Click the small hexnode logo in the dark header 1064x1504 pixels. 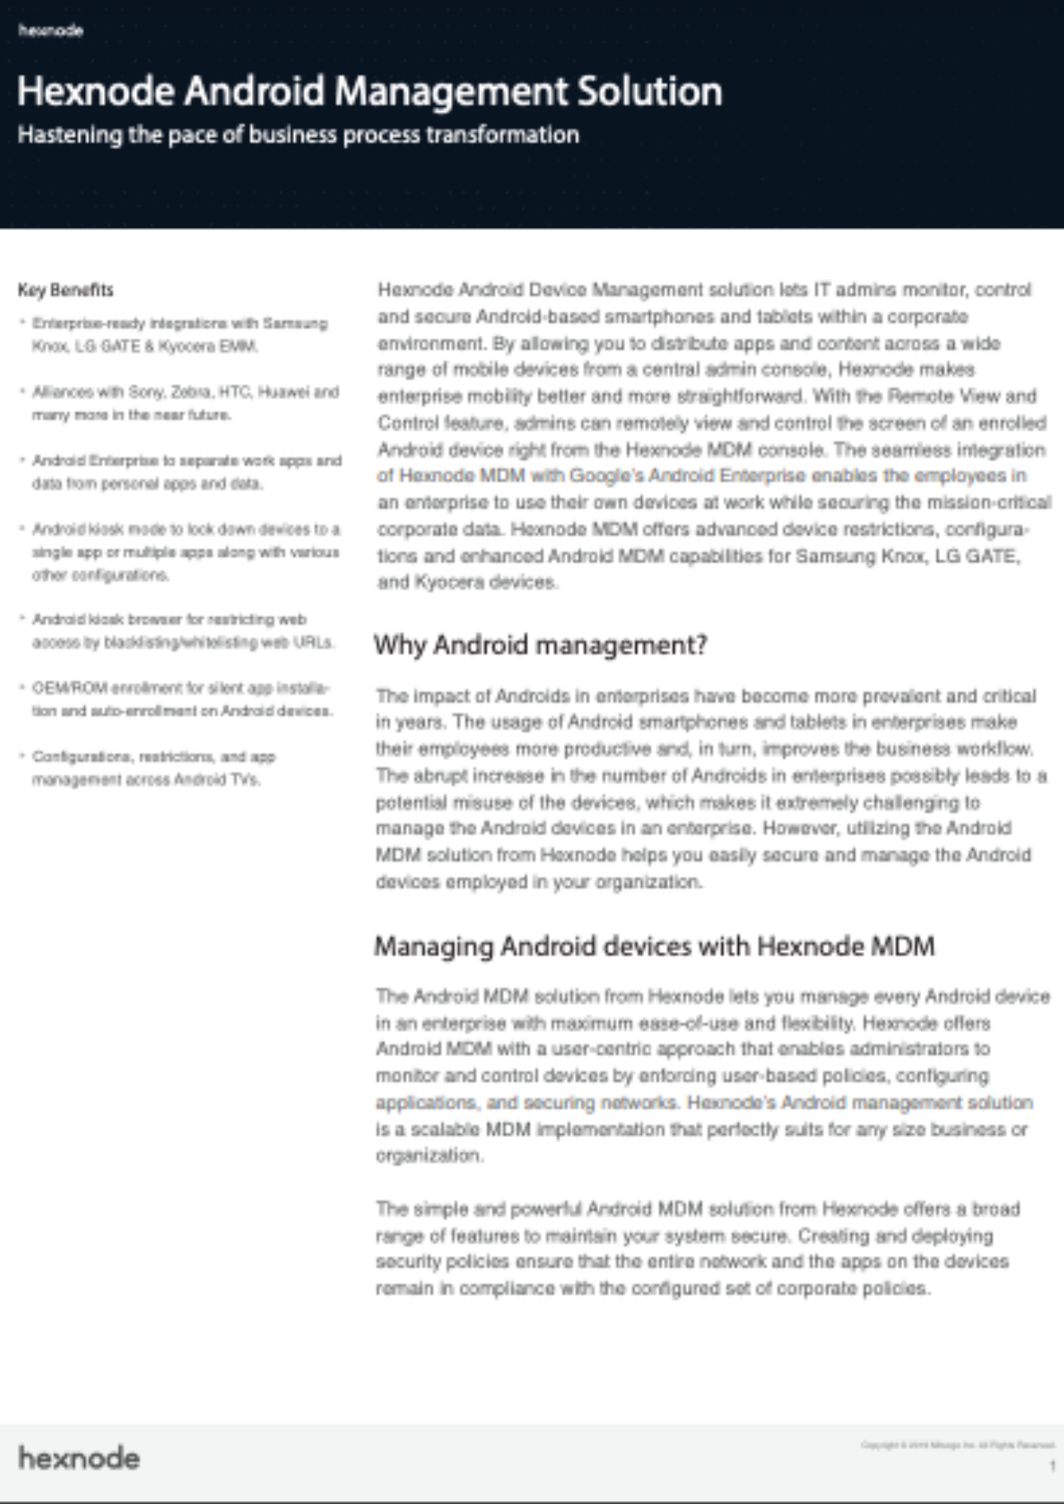(50, 31)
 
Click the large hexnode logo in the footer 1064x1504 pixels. (79, 1458)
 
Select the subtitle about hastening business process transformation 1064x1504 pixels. (298, 135)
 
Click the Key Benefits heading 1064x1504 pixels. (65, 290)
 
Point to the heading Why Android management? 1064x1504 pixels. (540, 645)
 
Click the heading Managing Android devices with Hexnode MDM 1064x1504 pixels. (654, 946)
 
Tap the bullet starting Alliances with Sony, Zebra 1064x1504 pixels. (184, 403)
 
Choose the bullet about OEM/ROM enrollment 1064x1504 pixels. (181, 699)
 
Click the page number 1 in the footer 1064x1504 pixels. (1052, 1466)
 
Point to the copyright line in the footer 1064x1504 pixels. (957, 1445)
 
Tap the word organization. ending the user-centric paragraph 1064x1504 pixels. (429, 1156)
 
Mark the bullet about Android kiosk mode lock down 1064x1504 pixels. (185, 552)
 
